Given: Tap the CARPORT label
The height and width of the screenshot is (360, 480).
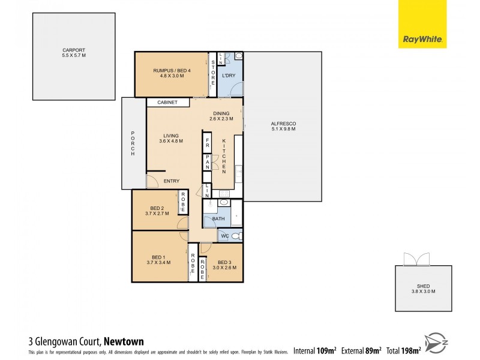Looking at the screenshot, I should [74, 50].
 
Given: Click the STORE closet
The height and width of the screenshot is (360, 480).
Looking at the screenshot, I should [212, 74].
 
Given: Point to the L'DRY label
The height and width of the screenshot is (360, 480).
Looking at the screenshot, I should [228, 76].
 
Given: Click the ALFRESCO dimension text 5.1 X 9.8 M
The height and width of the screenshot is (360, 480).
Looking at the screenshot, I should [284, 129].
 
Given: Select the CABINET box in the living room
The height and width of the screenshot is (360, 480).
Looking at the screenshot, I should [167, 103].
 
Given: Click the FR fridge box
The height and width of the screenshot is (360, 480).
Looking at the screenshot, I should [207, 145].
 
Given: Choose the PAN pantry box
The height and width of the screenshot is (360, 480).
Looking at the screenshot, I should [207, 163].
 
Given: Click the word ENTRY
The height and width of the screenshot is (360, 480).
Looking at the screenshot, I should [172, 181].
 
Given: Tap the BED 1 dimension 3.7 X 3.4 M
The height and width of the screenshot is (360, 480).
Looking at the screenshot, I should [158, 263].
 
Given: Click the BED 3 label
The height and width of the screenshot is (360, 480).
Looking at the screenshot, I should [224, 262].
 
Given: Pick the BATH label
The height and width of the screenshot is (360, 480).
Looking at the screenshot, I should [219, 219].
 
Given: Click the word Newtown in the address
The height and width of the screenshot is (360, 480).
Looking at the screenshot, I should [124, 341].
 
